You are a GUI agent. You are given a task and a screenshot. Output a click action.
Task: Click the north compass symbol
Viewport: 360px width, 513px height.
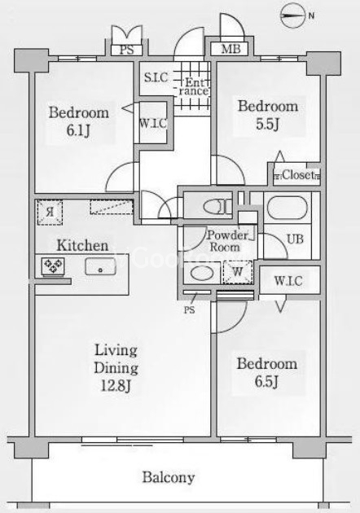coord(292,15)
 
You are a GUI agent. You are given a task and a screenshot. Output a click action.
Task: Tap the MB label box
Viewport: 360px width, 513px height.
coord(231,49)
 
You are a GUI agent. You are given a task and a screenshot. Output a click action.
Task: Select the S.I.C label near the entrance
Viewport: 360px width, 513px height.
coord(156,77)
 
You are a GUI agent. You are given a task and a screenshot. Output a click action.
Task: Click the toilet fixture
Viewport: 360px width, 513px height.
coord(217,207)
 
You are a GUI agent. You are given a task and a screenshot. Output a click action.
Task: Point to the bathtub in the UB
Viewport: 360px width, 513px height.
coord(288,208)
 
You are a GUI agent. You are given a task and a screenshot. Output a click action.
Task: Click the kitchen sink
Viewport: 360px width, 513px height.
coord(100,266)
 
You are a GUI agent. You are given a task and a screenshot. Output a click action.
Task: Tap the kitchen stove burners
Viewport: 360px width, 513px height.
coord(53,265)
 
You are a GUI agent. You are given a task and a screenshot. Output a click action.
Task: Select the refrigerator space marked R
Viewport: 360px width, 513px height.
coord(50,213)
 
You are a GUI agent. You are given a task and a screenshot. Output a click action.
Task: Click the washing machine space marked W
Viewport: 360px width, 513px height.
coord(238,272)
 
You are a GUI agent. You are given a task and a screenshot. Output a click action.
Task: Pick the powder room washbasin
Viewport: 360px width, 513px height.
coord(202,273)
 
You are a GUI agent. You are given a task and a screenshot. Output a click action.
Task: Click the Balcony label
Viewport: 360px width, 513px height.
coord(169,478)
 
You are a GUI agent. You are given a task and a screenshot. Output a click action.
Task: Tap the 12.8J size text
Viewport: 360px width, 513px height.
coord(116,386)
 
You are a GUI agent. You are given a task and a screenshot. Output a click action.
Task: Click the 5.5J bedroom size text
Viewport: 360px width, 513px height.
coord(268,124)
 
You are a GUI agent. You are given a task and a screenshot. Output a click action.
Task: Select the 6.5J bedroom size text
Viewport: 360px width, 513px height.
coord(266,381)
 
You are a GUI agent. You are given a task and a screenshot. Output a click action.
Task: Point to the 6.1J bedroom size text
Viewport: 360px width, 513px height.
coord(78,130)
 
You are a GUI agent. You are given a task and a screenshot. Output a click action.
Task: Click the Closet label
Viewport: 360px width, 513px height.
coord(296,175)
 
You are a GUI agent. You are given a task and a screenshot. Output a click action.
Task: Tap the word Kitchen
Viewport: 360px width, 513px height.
coord(82,245)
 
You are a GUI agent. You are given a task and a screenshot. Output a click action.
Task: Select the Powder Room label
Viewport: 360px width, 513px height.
coord(226,241)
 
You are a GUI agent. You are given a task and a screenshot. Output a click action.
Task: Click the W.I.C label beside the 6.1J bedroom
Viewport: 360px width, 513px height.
coord(153,124)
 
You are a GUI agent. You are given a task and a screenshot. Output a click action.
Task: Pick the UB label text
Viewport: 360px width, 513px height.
coord(295,239)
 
